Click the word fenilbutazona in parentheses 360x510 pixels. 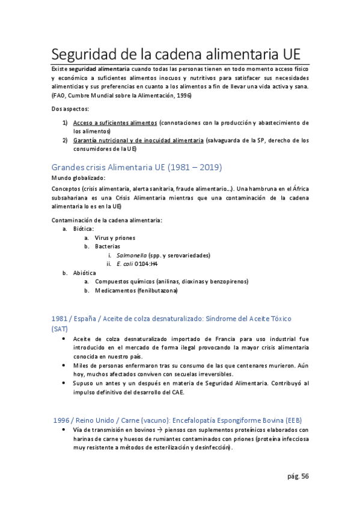(x=158, y=290)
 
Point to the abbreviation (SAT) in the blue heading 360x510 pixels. (x=60, y=329)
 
